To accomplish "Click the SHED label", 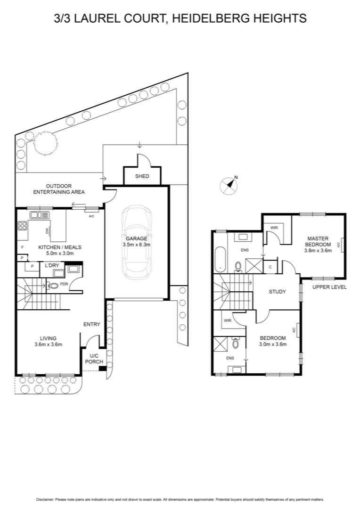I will pyautogui.click(x=142, y=176).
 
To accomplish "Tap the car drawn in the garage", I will pyautogui.click(x=136, y=241).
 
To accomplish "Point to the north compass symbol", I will pyautogui.click(x=229, y=185).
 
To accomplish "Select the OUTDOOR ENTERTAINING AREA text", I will pyautogui.click(x=59, y=189).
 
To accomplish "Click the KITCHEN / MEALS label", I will pyautogui.click(x=60, y=247).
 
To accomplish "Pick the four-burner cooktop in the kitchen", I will pyautogui.click(x=22, y=226).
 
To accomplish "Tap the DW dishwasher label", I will pyautogui.click(x=47, y=230).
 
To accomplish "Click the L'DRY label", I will pyautogui.click(x=52, y=265).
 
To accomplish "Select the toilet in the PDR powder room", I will pyautogui.click(x=53, y=285).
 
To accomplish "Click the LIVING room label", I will pyautogui.click(x=48, y=338).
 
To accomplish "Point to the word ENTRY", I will pyautogui.click(x=92, y=324).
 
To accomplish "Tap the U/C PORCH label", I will pyautogui.click(x=92, y=359).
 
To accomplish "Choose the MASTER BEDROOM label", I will pyautogui.click(x=318, y=241).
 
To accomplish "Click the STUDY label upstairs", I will pyautogui.click(x=277, y=291).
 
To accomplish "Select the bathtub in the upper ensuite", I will pyautogui.click(x=220, y=259).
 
